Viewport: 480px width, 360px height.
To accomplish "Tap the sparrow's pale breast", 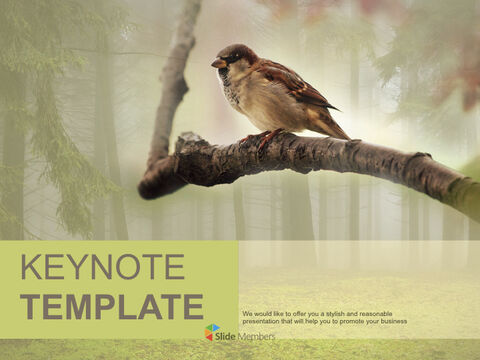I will [x=238, y=96].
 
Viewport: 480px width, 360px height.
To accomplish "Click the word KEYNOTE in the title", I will [x=102, y=268].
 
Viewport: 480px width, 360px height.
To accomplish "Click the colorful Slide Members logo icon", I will [x=212, y=332].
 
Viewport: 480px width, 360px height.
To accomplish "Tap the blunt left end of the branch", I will [x=146, y=188].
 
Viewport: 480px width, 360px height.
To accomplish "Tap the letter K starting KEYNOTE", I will [x=30, y=268].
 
